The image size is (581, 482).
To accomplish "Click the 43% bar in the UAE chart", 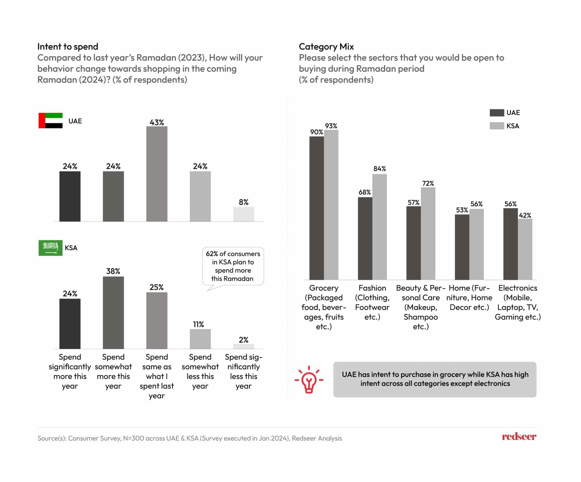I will pos(157,174).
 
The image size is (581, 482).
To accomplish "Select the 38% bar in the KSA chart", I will pos(113,312).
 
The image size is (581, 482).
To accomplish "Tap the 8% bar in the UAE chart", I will pos(243,214).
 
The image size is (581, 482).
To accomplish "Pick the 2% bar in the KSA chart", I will pos(243,346).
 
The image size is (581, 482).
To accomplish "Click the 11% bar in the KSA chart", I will pos(200,339).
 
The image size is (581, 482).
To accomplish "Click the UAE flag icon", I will pos(50,121).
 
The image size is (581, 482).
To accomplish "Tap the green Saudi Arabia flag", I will pos(50,248).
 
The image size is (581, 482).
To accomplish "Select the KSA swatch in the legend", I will pos(496,126).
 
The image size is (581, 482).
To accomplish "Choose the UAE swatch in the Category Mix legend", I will pos(496,113).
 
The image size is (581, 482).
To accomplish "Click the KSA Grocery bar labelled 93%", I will pos(331,205).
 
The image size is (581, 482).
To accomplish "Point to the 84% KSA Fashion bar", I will pos(379,227).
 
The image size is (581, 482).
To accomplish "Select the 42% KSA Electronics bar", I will pos(525,249).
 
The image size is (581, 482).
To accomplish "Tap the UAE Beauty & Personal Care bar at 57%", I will pos(413,243).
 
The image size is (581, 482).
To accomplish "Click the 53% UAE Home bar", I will pos(462,247).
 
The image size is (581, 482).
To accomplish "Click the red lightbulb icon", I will pos(309,380).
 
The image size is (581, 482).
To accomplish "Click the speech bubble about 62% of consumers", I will pos(233,266).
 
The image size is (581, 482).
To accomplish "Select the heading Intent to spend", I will pos(68,47).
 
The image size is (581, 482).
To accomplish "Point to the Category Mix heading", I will pos(326,47).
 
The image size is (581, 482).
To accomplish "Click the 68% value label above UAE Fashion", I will pos(364,192).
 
